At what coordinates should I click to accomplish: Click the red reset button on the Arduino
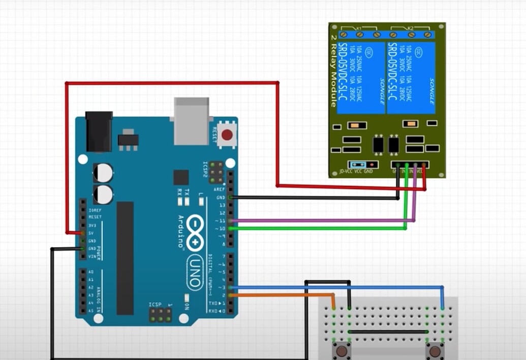click(x=227, y=135)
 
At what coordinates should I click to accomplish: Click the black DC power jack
click(x=99, y=131)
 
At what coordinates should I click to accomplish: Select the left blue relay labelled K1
click(x=361, y=77)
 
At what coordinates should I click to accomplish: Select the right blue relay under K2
click(x=411, y=77)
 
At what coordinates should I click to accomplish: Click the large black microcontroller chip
click(x=125, y=257)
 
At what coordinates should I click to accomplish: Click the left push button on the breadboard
click(x=341, y=351)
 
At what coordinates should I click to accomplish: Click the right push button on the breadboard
click(x=435, y=351)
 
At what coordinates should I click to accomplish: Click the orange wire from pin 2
click(x=285, y=295)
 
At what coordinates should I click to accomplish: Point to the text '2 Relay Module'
click(x=333, y=71)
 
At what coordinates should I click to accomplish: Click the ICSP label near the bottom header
click(x=154, y=305)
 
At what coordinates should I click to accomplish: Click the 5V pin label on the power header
click(x=91, y=233)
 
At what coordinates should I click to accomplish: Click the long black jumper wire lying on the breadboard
click(x=389, y=332)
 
